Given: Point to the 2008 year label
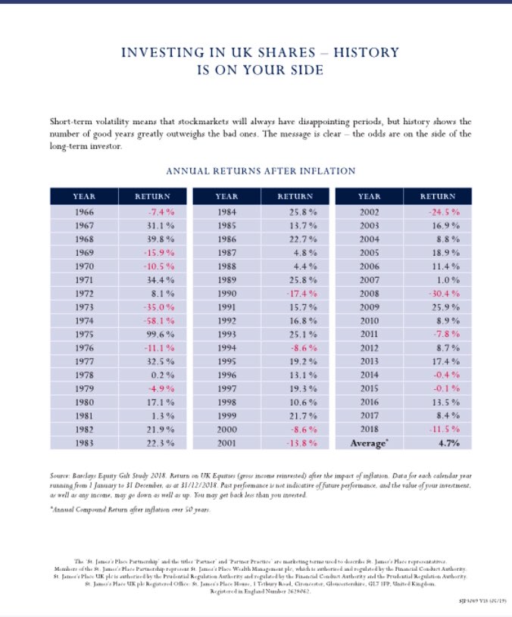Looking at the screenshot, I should [369, 293].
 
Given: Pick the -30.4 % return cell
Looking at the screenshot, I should [445, 293].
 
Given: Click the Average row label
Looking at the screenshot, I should [370, 442].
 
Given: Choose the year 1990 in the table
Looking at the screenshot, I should [226, 293].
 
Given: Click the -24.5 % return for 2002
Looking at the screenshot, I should [445, 212].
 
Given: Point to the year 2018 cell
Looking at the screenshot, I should [369, 428].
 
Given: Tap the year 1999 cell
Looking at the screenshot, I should [226, 415].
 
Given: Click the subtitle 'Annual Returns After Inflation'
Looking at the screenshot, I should [261, 171].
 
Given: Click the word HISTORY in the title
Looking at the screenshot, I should [359, 53].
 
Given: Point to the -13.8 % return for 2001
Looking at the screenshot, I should [301, 442].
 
